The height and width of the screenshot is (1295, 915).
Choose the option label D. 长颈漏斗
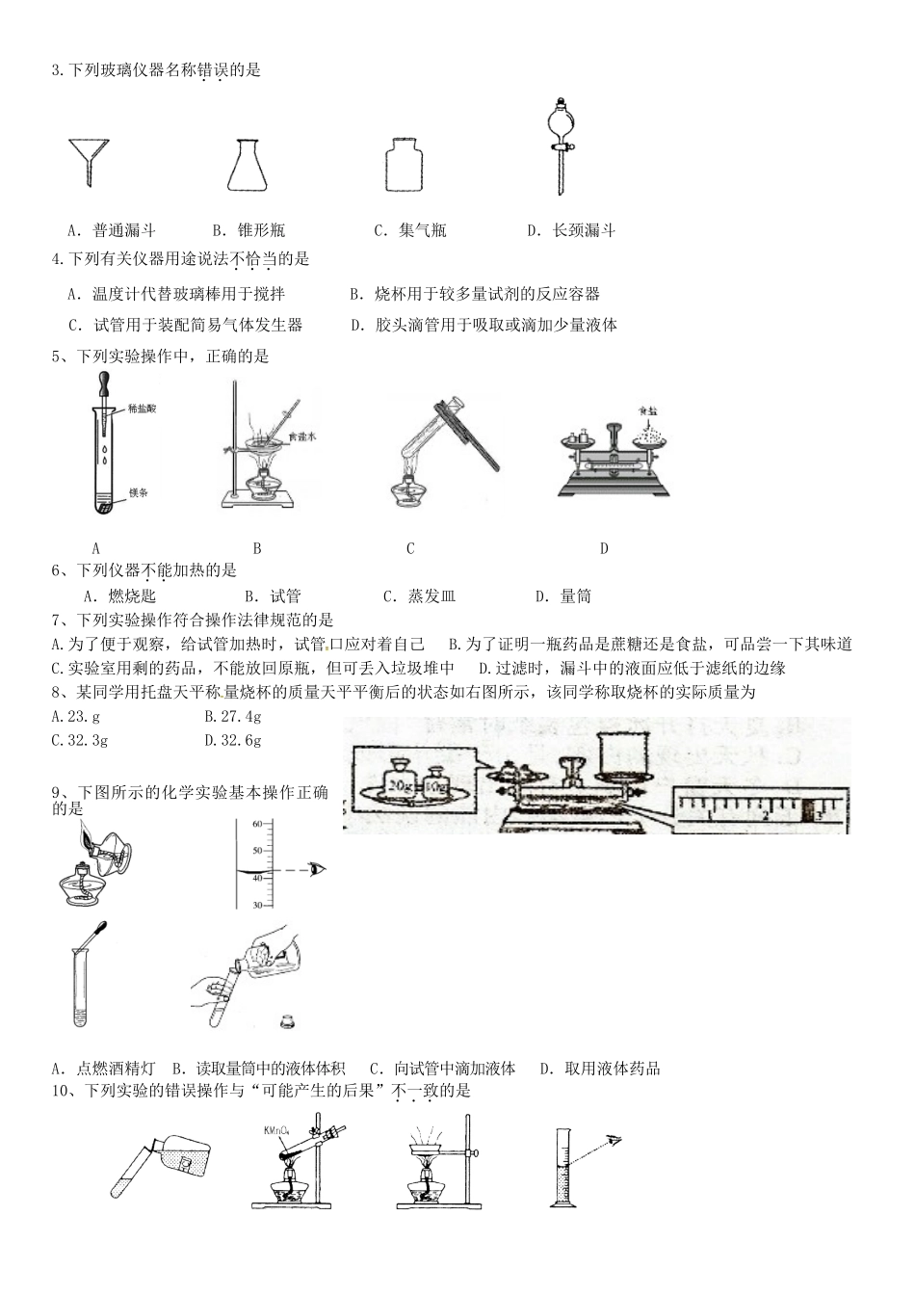[571, 230]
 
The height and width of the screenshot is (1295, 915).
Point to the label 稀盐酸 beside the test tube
[142, 410]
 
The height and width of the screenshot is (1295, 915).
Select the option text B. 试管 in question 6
[273, 596]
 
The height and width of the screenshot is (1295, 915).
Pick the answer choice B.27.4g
[233, 716]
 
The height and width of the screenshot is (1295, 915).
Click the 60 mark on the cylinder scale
[257, 825]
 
